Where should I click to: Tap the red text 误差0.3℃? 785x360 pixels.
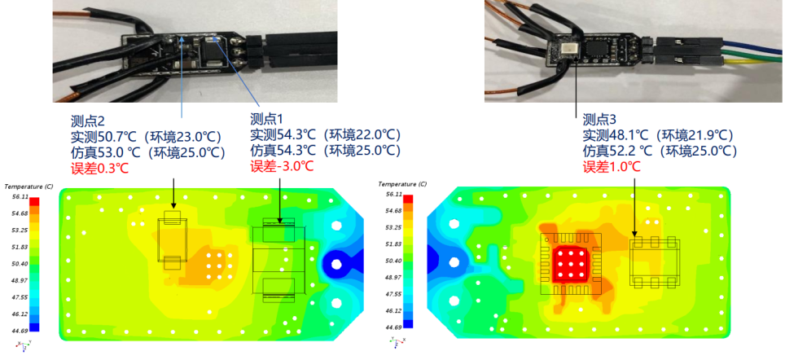(x=100, y=168)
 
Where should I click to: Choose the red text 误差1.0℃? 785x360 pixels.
(x=612, y=167)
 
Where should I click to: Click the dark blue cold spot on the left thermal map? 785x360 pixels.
(x=335, y=263)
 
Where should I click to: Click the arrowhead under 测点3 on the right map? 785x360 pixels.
(x=634, y=234)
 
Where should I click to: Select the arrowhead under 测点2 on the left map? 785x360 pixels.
(x=173, y=205)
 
